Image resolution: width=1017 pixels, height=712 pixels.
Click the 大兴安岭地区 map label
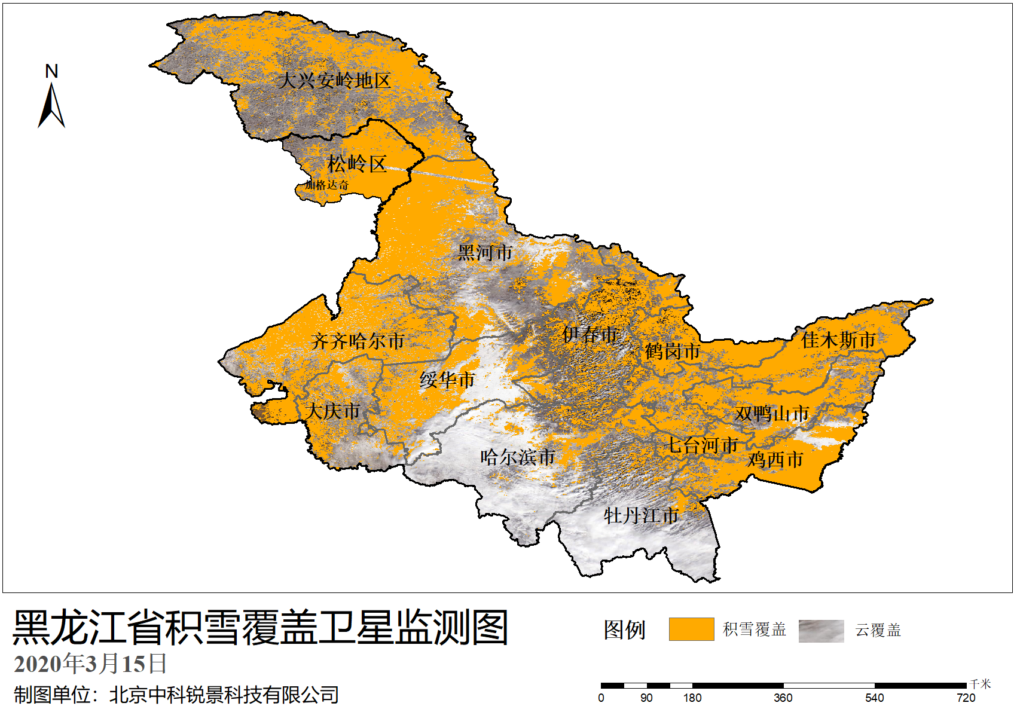(x=334, y=81)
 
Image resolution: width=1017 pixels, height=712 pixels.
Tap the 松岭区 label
(x=357, y=164)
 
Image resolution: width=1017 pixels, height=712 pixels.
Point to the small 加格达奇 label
(x=326, y=185)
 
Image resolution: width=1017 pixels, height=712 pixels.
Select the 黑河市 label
(x=485, y=253)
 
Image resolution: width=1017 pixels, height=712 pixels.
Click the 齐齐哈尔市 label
(x=358, y=341)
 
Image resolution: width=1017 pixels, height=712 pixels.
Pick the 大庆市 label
(x=332, y=411)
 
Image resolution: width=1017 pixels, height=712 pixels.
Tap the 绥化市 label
(x=447, y=380)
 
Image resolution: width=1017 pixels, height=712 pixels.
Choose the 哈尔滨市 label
(x=518, y=457)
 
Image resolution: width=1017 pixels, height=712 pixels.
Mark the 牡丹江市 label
(x=641, y=515)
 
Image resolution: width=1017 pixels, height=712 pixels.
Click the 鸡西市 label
(x=775, y=460)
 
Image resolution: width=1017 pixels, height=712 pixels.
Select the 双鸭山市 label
(x=772, y=414)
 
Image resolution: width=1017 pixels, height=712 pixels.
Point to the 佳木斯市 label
(x=838, y=340)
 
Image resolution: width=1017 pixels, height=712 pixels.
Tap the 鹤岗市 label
(x=673, y=352)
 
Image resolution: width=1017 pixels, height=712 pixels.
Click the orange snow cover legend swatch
(x=691, y=630)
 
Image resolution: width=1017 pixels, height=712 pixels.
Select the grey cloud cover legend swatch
(x=821, y=631)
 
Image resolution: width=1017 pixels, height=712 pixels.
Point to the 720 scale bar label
(x=966, y=697)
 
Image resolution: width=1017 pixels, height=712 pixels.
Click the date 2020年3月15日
(x=90, y=664)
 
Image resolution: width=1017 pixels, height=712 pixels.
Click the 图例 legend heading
(x=624, y=630)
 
